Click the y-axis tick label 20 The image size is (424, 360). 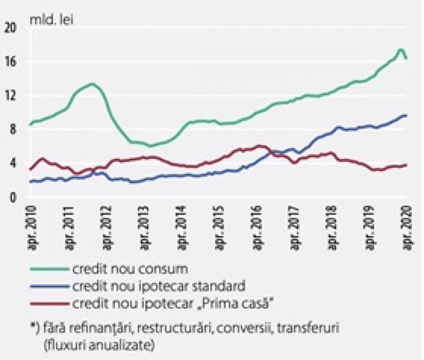pos(11,28)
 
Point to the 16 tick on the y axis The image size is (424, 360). pos(11,62)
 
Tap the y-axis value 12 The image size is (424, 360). pos(11,96)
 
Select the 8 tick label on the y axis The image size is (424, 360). pos(13,129)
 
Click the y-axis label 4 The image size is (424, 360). pos(13,164)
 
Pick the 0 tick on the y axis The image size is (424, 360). pos(13,197)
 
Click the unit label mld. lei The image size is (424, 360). pos(51,20)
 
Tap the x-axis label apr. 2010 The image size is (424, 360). pos(32,229)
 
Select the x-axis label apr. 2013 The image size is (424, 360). pos(144,229)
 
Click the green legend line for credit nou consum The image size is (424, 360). pos(49,269)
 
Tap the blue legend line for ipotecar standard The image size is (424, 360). pos(49,286)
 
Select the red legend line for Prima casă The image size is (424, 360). pos(49,304)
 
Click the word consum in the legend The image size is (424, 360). pos(163,269)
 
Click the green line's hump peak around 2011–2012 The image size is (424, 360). pos(92,84)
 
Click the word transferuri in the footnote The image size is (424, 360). pos(308,328)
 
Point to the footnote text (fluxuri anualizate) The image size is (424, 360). pos(99,345)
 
